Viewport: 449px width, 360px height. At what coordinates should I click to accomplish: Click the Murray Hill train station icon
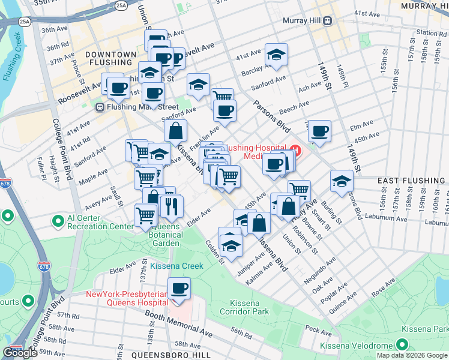pyautogui.click(x=328, y=20)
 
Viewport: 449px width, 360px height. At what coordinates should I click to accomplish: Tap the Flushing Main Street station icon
pyautogui.click(x=100, y=107)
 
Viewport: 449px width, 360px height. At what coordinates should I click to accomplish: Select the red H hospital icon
pyautogui.click(x=295, y=148)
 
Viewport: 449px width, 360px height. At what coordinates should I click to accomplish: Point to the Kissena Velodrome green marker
pyautogui.click(x=402, y=345)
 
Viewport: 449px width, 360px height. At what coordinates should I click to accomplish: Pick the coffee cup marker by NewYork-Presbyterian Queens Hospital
pyautogui.click(x=179, y=289)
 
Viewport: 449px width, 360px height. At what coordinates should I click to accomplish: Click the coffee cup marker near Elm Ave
pyautogui.click(x=319, y=130)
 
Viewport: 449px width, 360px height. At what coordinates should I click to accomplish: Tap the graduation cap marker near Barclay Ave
pyautogui.click(x=276, y=55)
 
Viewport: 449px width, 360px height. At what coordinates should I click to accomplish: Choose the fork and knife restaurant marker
pyautogui.click(x=172, y=206)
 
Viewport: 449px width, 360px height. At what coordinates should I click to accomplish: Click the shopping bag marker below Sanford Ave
pyautogui.click(x=175, y=130)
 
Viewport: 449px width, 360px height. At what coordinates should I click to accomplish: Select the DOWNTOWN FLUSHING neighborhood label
pyautogui.click(x=111, y=58)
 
